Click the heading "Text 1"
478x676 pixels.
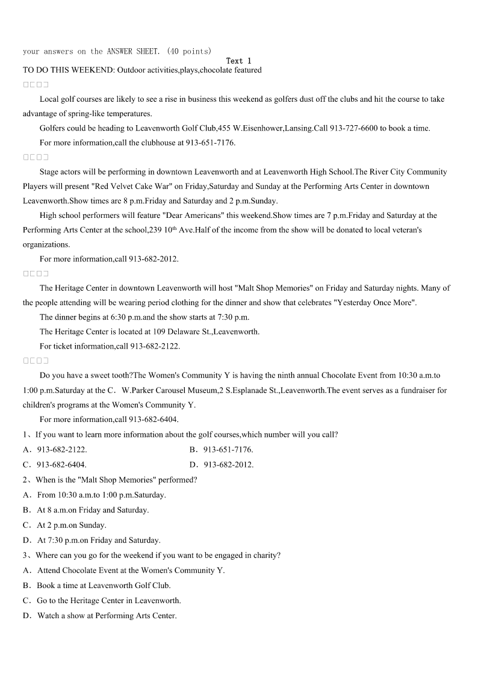pos(238,61)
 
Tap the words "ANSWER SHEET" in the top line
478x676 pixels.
pos(132,51)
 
